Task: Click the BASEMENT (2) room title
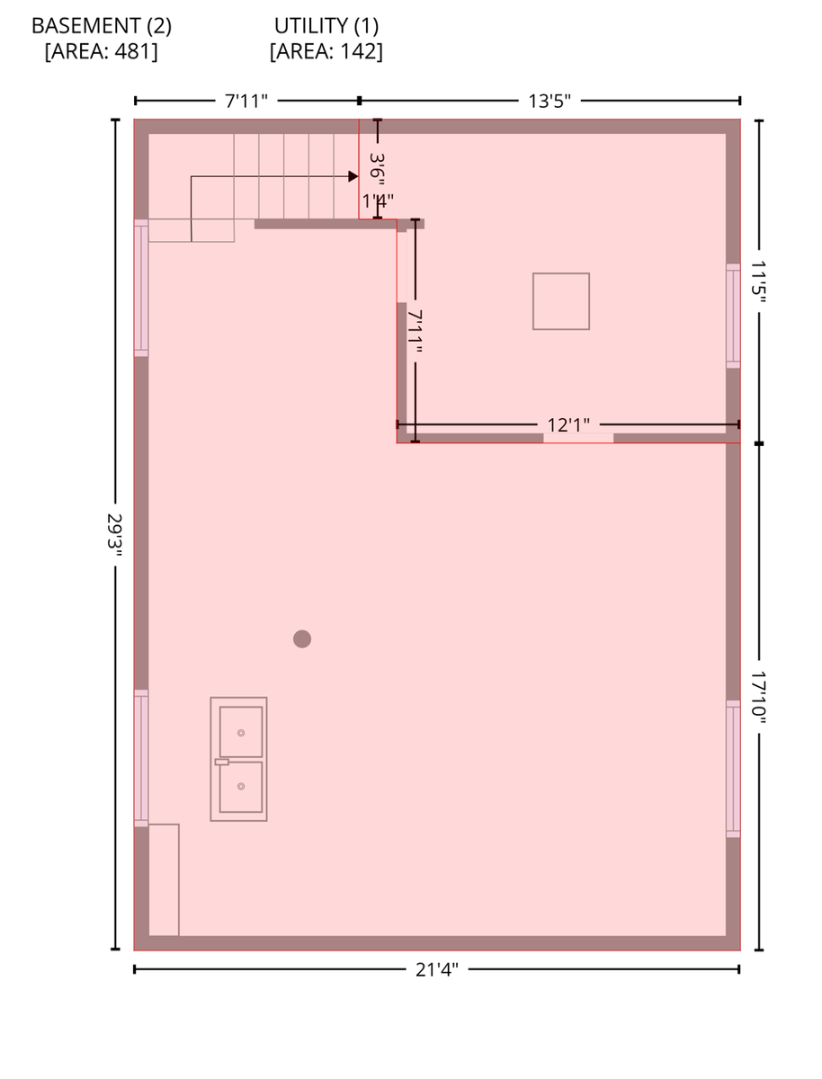click(101, 26)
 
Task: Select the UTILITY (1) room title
click(326, 26)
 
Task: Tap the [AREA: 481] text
click(101, 52)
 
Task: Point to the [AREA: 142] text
click(326, 52)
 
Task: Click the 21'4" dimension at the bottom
click(437, 969)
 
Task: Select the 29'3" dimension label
click(114, 535)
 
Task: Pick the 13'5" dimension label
click(549, 101)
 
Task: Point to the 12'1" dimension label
click(568, 424)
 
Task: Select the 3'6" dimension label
click(378, 168)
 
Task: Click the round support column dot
click(302, 639)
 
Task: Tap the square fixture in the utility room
click(561, 301)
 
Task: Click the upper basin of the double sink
click(241, 732)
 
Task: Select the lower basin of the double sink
click(241, 787)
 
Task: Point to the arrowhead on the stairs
click(353, 176)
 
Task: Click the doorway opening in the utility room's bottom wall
click(578, 438)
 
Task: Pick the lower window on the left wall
click(141, 757)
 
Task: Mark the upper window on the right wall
click(733, 315)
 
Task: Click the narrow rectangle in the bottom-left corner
click(164, 879)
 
